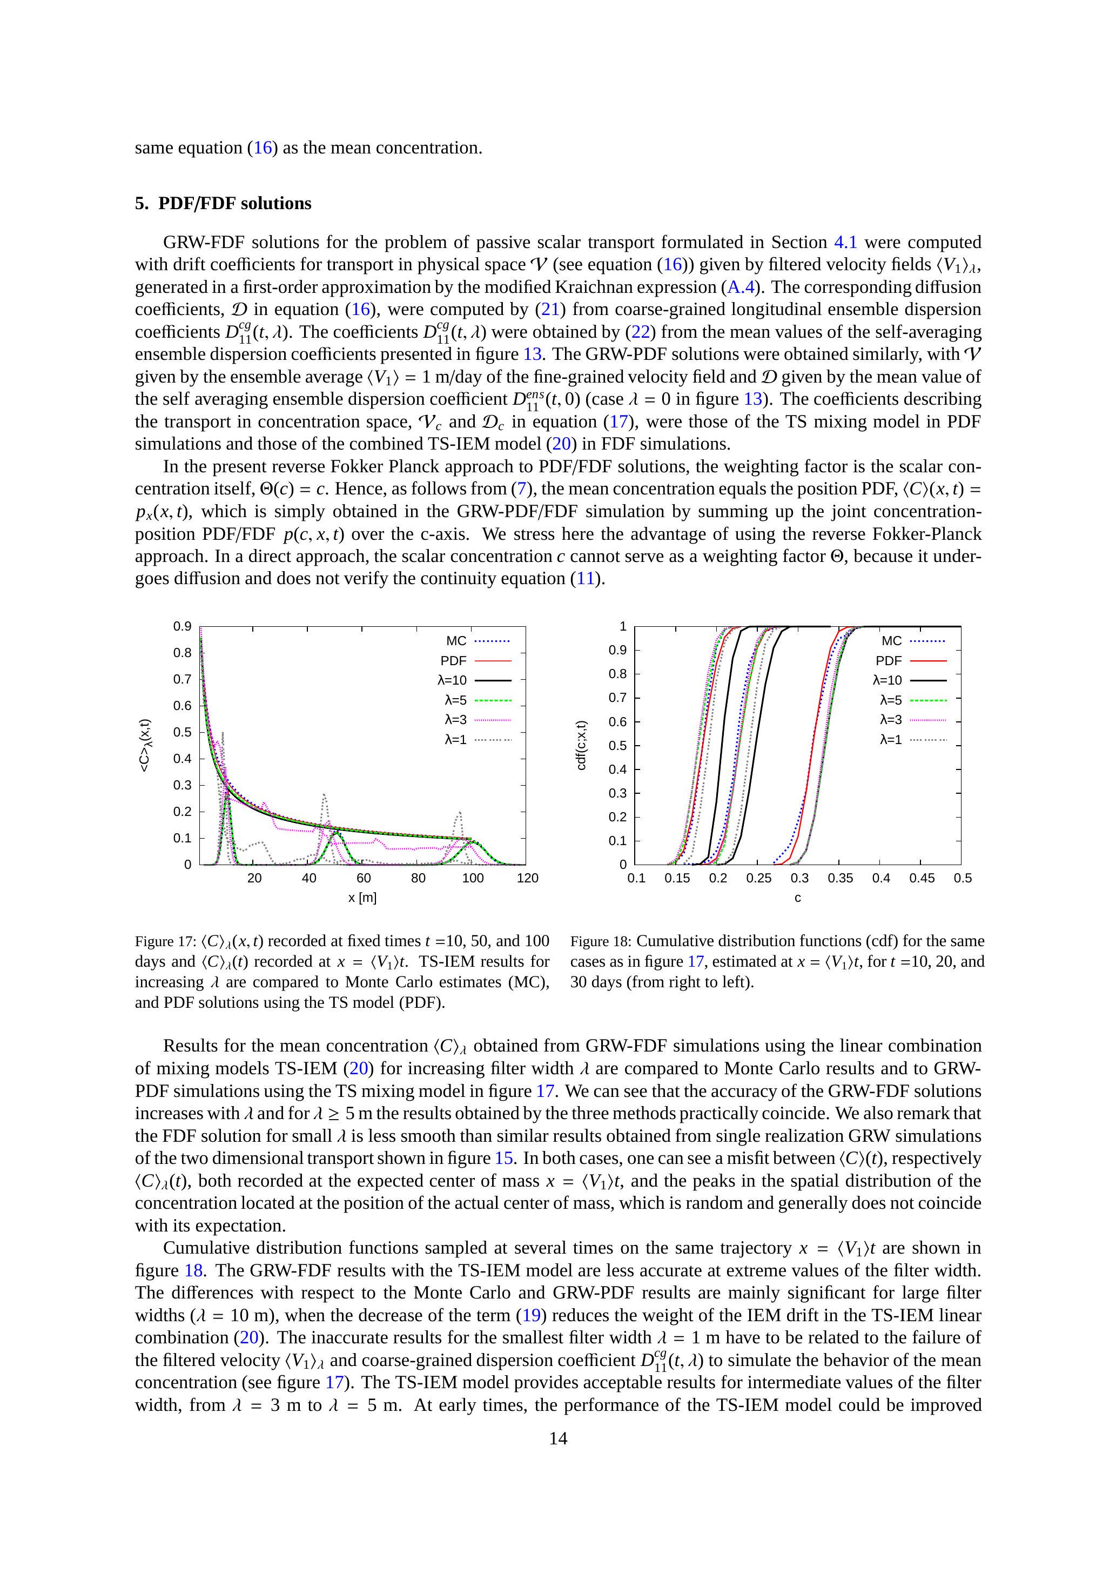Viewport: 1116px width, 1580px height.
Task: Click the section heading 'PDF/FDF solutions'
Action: (x=234, y=203)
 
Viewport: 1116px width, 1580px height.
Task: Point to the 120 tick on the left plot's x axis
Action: (x=528, y=878)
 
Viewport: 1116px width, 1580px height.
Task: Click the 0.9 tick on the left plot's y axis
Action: (x=183, y=626)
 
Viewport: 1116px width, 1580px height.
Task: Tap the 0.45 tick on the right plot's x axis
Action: (x=922, y=878)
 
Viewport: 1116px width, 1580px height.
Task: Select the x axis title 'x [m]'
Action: (x=362, y=898)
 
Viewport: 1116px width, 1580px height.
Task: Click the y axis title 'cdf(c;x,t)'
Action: (x=581, y=745)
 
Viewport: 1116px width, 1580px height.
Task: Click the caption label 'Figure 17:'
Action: (x=165, y=941)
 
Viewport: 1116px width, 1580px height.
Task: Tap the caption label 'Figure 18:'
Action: (x=601, y=941)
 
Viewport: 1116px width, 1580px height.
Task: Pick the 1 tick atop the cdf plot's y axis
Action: (x=623, y=626)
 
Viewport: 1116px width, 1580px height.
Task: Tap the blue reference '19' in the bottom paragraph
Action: (x=531, y=1315)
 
